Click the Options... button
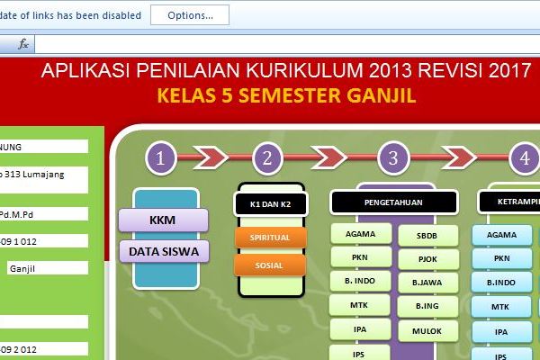(189, 15)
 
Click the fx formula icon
(23, 43)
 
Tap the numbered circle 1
(160, 159)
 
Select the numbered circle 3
(393, 159)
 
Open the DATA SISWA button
(163, 250)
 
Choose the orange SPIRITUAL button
(270, 238)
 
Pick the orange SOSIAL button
(270, 265)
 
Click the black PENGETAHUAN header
(393, 202)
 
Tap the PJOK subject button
(427, 258)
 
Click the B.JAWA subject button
(427, 283)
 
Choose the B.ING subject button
(427, 307)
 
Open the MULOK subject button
(427, 331)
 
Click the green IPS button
(359, 353)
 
